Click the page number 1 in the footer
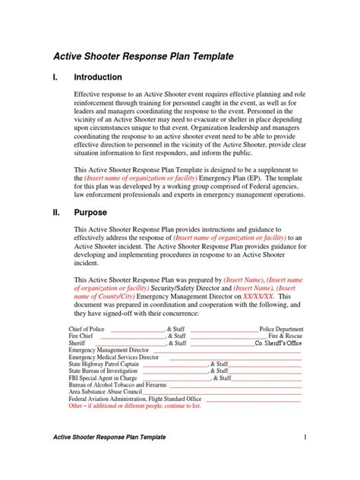click(304, 459)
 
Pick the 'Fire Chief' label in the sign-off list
click(83, 336)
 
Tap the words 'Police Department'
click(281, 330)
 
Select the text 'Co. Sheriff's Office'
click(278, 343)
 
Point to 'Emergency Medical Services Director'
click(114, 357)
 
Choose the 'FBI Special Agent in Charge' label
click(103, 377)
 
